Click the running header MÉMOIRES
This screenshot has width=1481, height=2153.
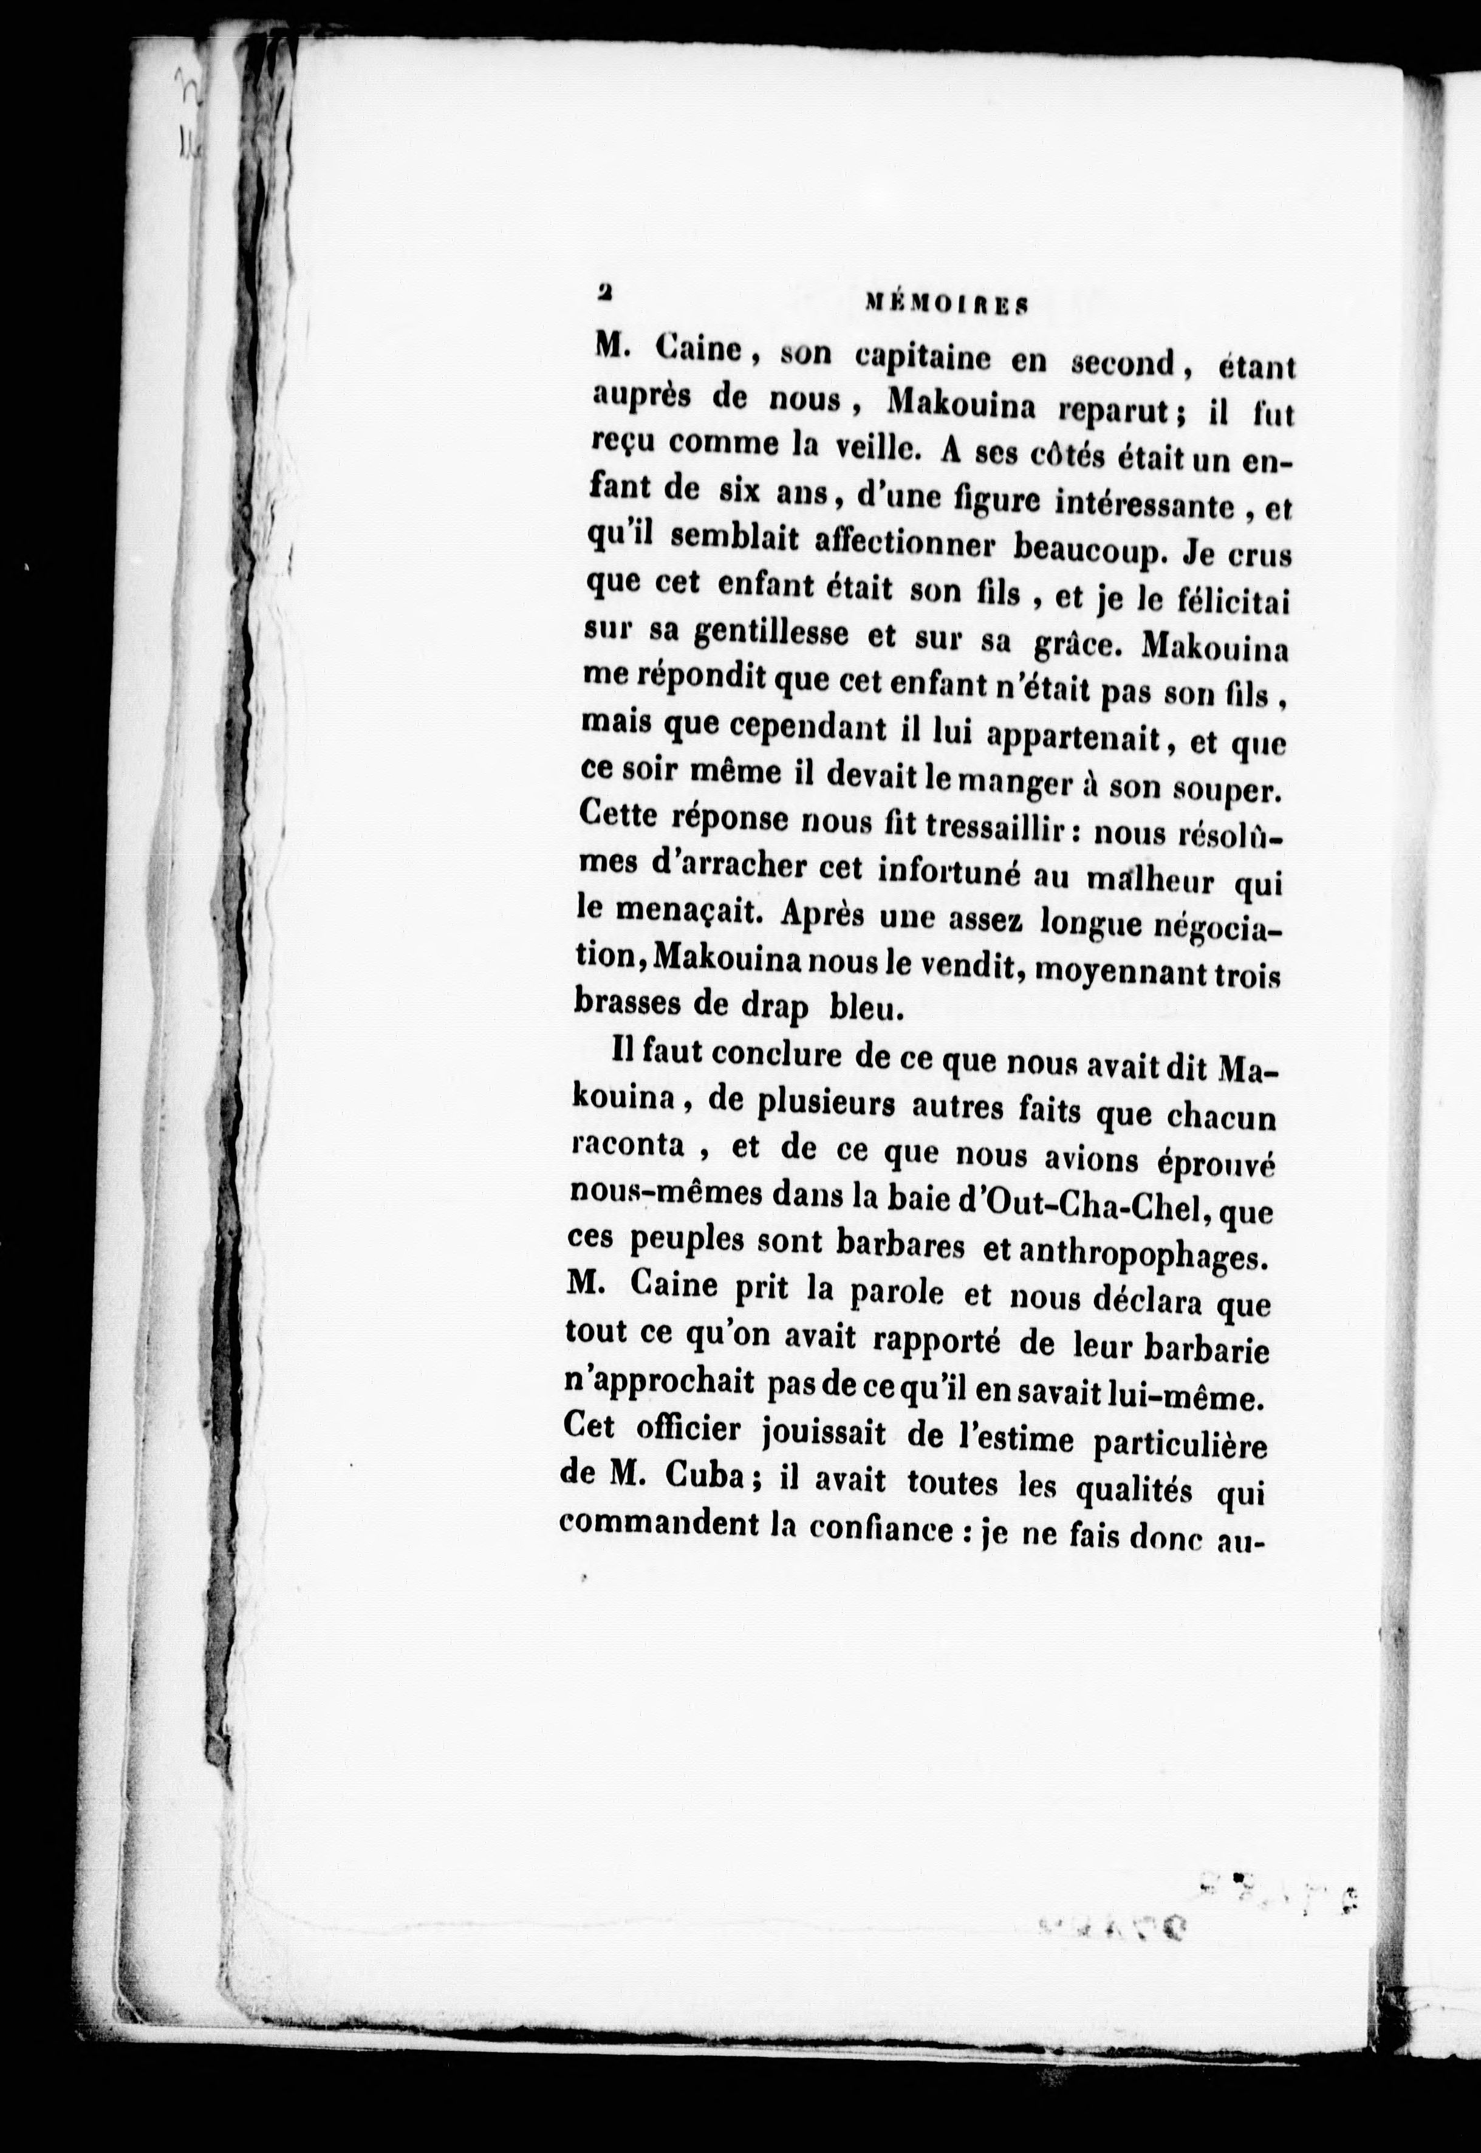(x=945, y=303)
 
